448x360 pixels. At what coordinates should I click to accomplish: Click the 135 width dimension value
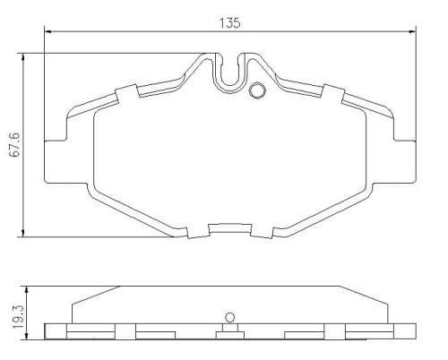pos(229,23)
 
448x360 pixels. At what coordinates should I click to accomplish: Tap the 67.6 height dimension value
pos(14,144)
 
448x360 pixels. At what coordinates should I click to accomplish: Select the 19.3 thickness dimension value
pos(18,317)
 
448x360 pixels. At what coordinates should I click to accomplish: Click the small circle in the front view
pos(257,90)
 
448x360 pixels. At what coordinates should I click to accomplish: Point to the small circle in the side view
pos(229,317)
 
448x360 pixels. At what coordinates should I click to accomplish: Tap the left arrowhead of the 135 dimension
pos(48,31)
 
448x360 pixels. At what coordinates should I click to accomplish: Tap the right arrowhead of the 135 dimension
pos(412,31)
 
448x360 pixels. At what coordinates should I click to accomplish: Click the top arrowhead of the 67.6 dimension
pos(23,57)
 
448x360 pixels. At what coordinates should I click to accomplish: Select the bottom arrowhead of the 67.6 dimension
pos(23,233)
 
